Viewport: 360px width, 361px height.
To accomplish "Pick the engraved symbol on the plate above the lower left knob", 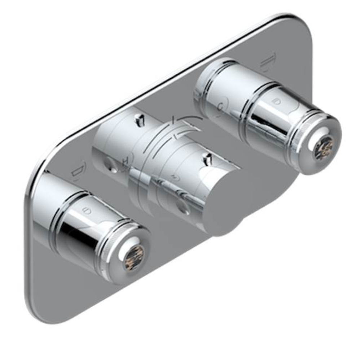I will [x=77, y=173].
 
